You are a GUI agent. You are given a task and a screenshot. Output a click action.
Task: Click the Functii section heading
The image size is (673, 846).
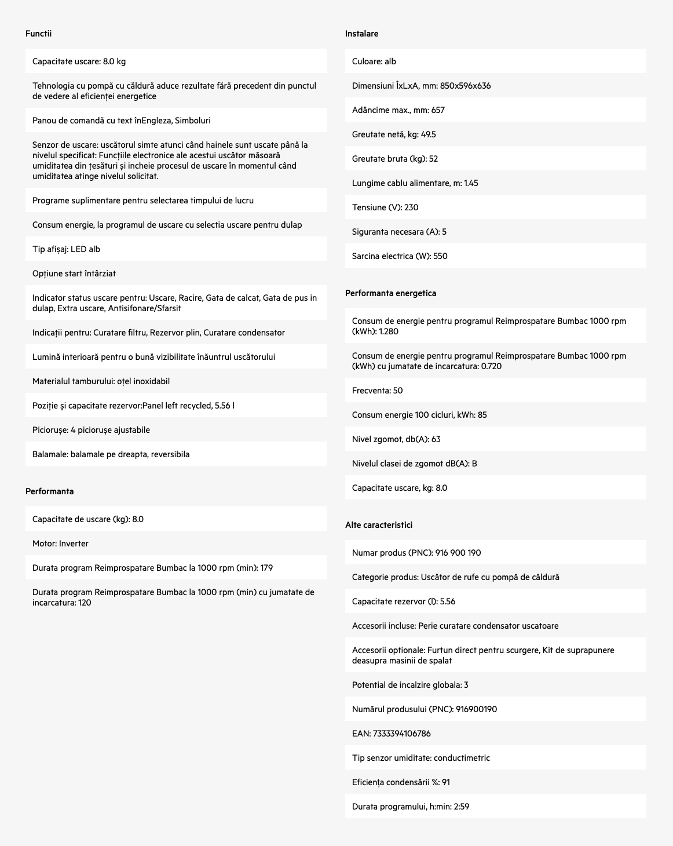pyautogui.click(x=38, y=34)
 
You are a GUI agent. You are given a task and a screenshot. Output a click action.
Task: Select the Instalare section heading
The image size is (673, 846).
pyautogui.click(x=361, y=34)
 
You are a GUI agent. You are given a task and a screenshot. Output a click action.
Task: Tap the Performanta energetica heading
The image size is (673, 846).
pyautogui.click(x=390, y=293)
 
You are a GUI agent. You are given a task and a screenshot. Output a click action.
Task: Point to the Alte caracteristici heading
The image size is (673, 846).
pyautogui.click(x=379, y=525)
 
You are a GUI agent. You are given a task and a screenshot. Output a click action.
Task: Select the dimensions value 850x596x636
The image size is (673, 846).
pyautogui.click(x=465, y=86)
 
